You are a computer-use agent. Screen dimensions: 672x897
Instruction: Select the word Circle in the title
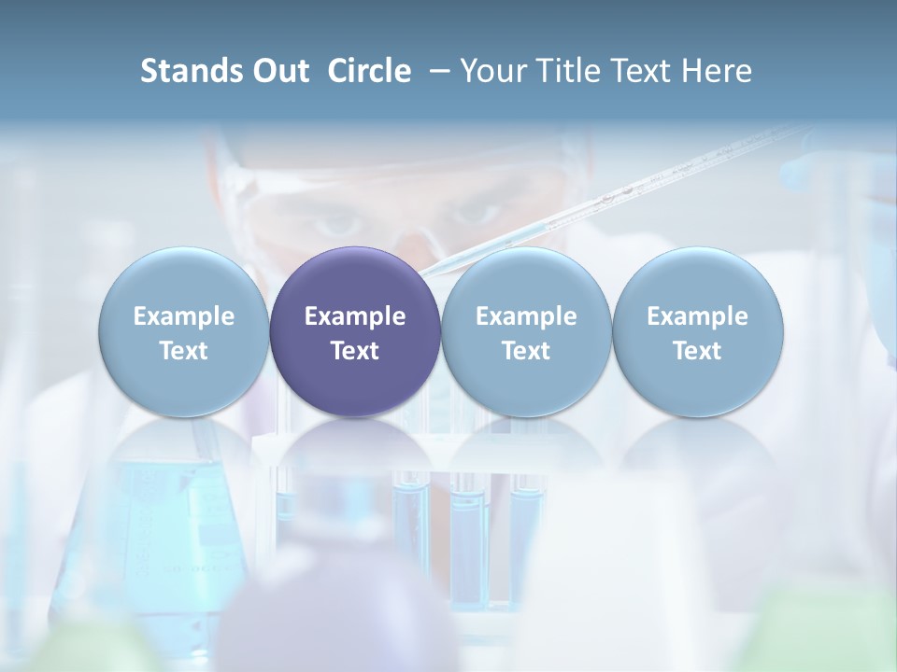[369, 71]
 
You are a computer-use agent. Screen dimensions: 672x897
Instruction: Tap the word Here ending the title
[717, 71]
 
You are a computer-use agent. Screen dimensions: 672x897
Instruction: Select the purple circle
[355, 331]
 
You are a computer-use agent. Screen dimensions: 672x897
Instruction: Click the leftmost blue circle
[183, 331]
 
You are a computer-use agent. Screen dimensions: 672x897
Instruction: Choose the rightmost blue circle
[698, 331]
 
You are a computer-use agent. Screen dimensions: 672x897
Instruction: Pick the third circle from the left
[526, 331]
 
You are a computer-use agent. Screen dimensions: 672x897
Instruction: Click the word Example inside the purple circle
[355, 316]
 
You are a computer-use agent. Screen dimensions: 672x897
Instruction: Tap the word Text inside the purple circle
[355, 351]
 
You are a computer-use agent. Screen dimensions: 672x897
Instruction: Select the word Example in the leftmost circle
[183, 316]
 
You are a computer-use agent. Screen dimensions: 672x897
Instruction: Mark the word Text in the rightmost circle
[698, 351]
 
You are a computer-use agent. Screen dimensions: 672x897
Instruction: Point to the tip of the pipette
[425, 273]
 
